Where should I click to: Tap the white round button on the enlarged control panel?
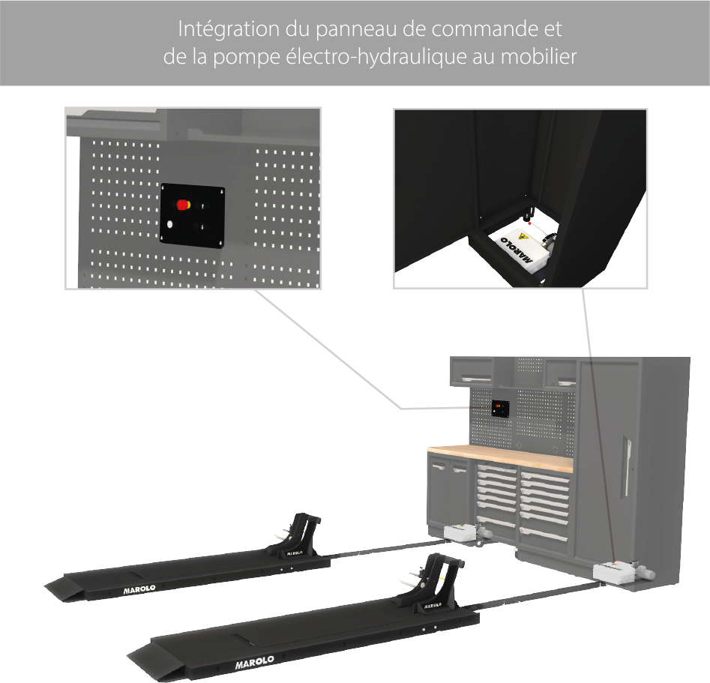pos(170,223)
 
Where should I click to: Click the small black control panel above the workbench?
pos(501,409)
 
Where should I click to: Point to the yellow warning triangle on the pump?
pos(523,236)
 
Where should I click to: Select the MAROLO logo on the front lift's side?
pos(254,662)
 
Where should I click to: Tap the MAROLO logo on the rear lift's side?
pos(139,589)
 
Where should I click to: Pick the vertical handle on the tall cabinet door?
pos(626,466)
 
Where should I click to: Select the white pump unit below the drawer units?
pos(465,532)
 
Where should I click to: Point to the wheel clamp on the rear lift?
pos(298,536)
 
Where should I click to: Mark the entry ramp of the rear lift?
pos(64,589)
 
